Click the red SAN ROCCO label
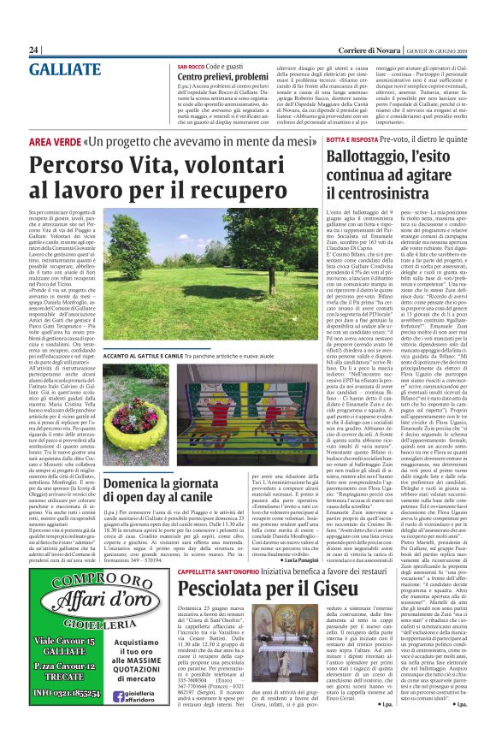coord(192,66)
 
